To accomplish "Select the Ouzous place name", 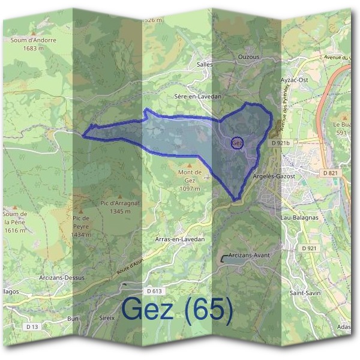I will point(248,57).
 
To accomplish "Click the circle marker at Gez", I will point(237,143).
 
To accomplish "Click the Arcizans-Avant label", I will point(248,255).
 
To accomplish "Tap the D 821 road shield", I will point(330,173).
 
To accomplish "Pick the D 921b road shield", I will point(280,143).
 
